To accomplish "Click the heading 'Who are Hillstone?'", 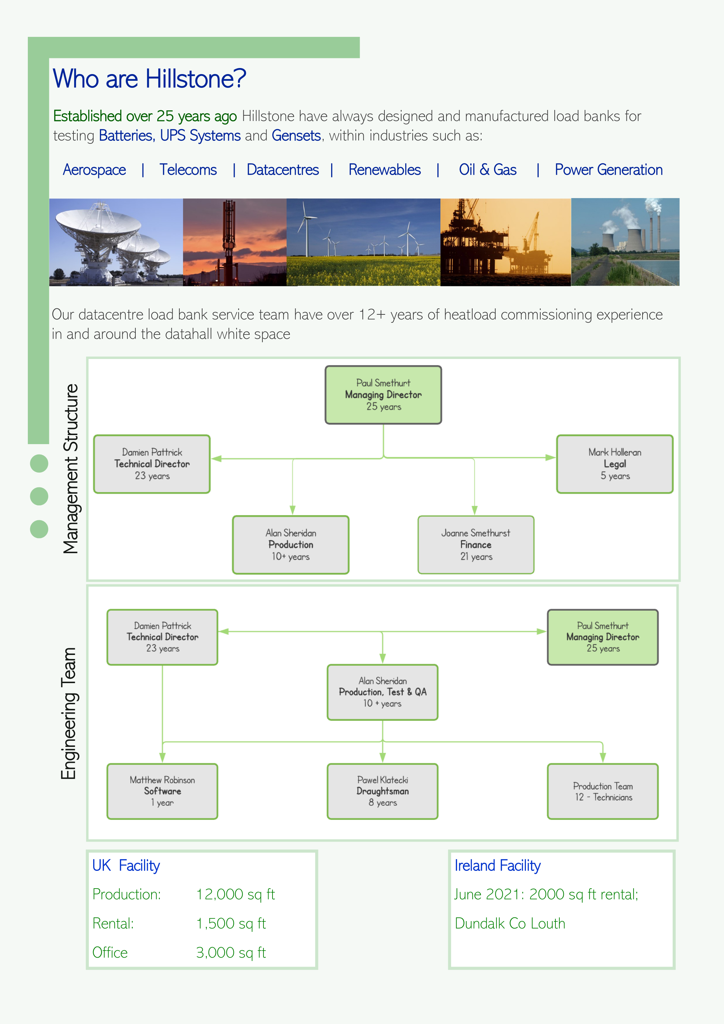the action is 149,79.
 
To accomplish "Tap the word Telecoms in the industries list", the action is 188,170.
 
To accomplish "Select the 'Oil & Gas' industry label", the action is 488,170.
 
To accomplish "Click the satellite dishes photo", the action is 116,242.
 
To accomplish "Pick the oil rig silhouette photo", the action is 505,242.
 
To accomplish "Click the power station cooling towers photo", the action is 625,242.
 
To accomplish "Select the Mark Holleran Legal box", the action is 615,464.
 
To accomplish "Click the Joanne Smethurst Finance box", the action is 476,545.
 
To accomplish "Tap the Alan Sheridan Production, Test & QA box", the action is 383,692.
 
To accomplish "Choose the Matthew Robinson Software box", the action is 162,791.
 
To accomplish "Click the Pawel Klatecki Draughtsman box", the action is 383,791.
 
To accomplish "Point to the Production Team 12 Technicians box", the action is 603,791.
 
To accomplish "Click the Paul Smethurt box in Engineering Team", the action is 603,637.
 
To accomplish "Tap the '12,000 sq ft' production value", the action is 236,895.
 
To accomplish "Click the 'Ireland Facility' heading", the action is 497,866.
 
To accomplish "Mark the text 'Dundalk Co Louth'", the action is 510,924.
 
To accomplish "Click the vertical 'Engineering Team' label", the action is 69,713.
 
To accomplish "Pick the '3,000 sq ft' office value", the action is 231,953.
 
